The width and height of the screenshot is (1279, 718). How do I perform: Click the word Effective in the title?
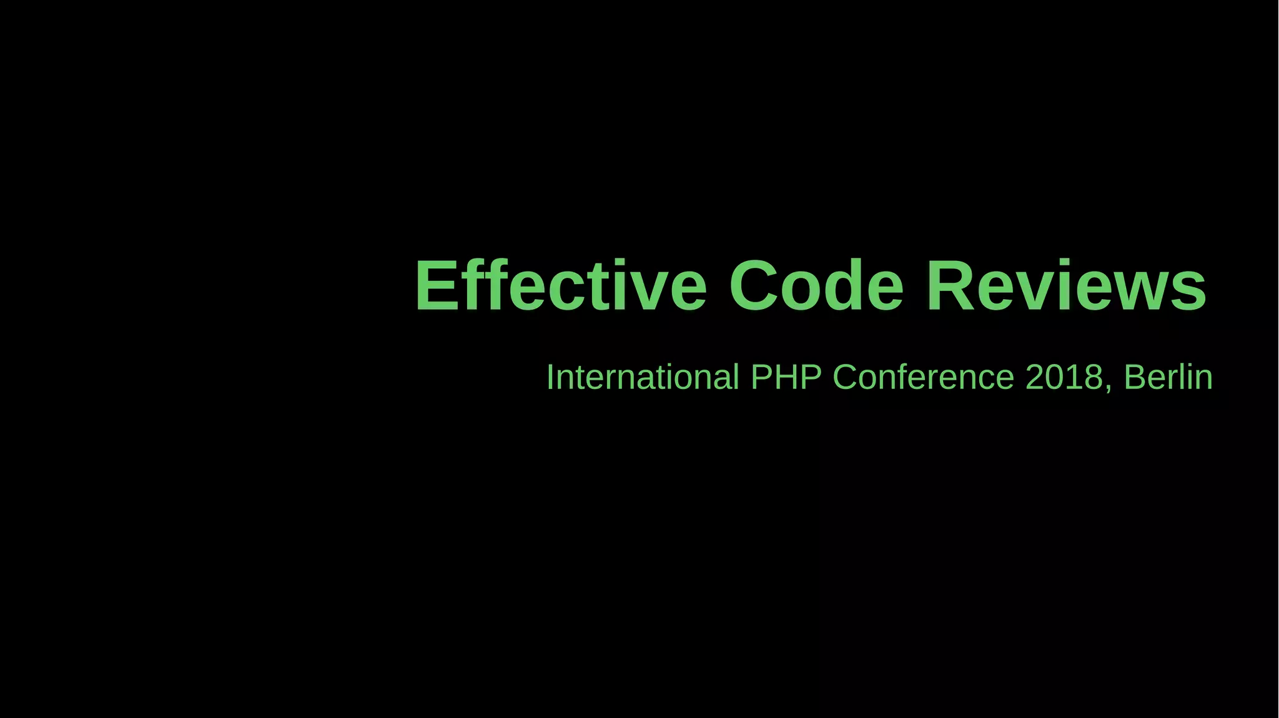point(560,286)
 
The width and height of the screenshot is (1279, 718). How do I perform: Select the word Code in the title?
point(816,286)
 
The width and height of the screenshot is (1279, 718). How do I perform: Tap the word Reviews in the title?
point(1065,286)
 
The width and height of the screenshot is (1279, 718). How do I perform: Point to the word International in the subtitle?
point(642,377)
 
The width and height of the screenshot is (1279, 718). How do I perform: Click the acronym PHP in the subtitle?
point(786,377)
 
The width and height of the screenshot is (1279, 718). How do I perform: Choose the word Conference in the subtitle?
point(923,377)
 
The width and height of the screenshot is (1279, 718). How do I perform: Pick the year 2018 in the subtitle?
point(1064,377)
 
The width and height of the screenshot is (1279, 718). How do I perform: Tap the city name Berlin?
point(1168,377)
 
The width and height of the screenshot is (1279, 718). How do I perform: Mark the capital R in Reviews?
point(951,286)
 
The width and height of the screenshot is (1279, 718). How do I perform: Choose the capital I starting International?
point(550,377)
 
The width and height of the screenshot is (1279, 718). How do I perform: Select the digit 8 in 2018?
point(1092,377)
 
